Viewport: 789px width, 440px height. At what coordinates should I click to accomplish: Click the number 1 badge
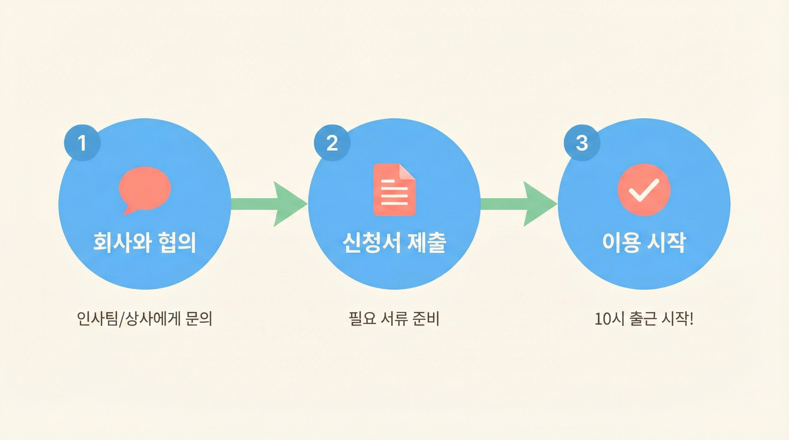point(82,143)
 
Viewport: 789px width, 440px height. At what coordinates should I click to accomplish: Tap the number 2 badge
point(332,143)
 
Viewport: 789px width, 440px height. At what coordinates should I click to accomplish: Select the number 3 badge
point(582,143)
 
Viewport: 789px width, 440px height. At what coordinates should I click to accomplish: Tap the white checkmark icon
point(644,190)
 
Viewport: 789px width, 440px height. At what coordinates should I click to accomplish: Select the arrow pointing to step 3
point(519,204)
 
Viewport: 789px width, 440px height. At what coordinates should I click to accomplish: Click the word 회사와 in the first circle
point(122,243)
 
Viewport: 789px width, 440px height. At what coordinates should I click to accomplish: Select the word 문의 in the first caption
point(199,319)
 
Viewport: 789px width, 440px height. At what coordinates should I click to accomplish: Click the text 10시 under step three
point(610,319)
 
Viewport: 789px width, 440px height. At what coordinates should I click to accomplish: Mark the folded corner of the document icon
point(408,172)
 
